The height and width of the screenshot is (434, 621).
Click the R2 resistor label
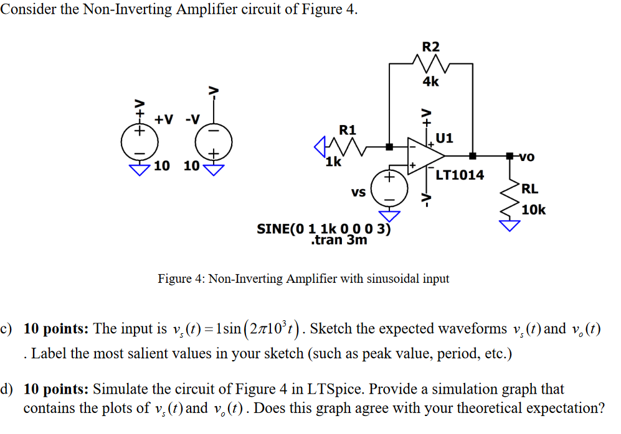click(430, 47)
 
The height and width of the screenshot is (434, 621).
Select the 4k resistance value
click(430, 81)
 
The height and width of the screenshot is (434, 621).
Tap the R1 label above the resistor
click(348, 130)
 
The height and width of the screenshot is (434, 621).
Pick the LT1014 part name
click(460, 175)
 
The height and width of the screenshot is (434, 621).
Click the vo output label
click(526, 157)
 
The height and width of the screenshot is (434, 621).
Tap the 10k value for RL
click(534, 210)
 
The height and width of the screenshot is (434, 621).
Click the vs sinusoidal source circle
click(388, 188)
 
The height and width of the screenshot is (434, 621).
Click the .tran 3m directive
click(338, 240)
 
